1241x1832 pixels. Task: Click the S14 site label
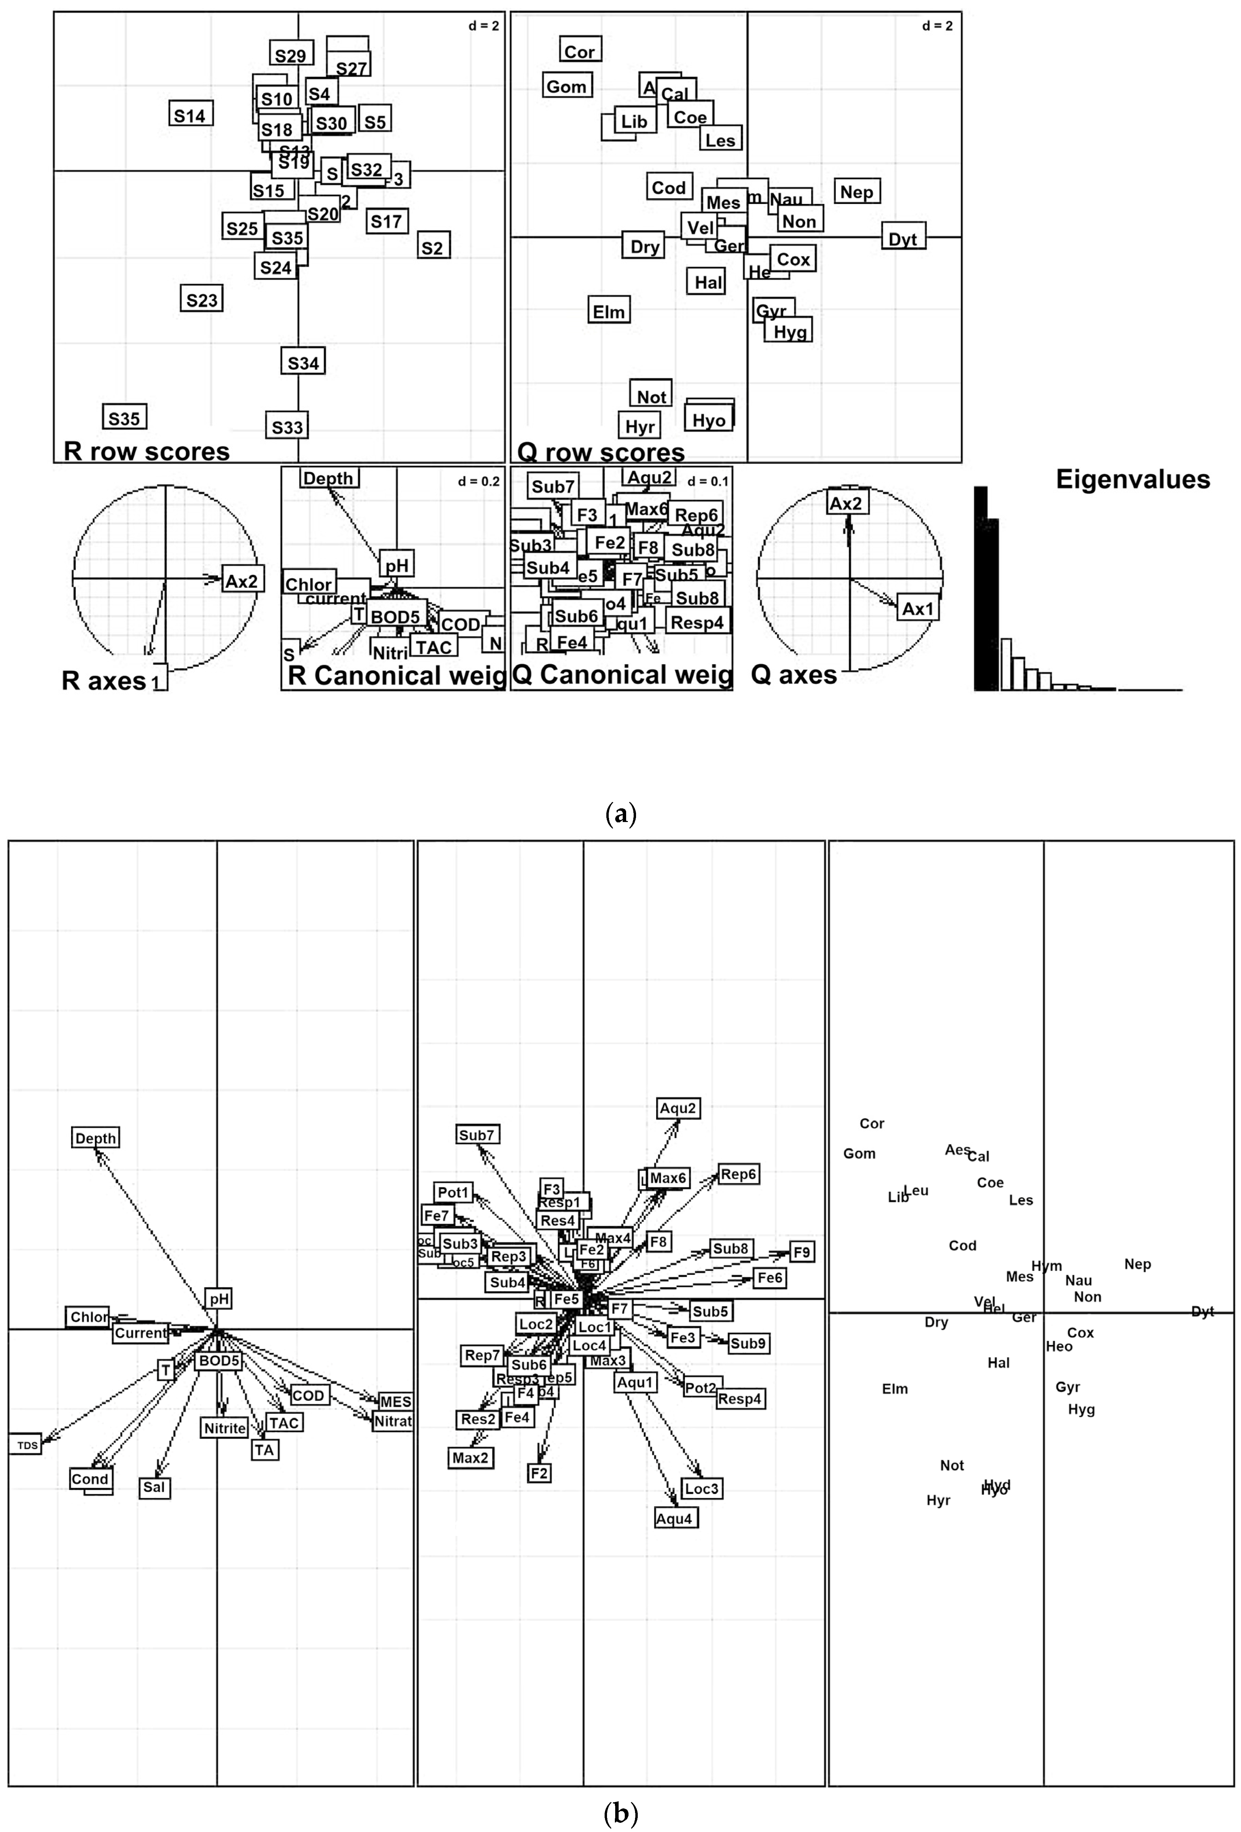190,115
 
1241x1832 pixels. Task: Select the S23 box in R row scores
202,299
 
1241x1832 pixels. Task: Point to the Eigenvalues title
1132,479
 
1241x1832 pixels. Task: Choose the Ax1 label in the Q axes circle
917,609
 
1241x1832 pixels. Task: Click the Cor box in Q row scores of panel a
579,51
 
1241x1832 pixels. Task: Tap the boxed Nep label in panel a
856,191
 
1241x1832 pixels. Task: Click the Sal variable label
154,1487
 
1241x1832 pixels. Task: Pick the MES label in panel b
395,1401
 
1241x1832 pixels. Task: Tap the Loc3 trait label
701,1488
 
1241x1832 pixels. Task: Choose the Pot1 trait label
453,1192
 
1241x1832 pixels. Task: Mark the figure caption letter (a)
620,813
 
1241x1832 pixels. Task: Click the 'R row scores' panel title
147,452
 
